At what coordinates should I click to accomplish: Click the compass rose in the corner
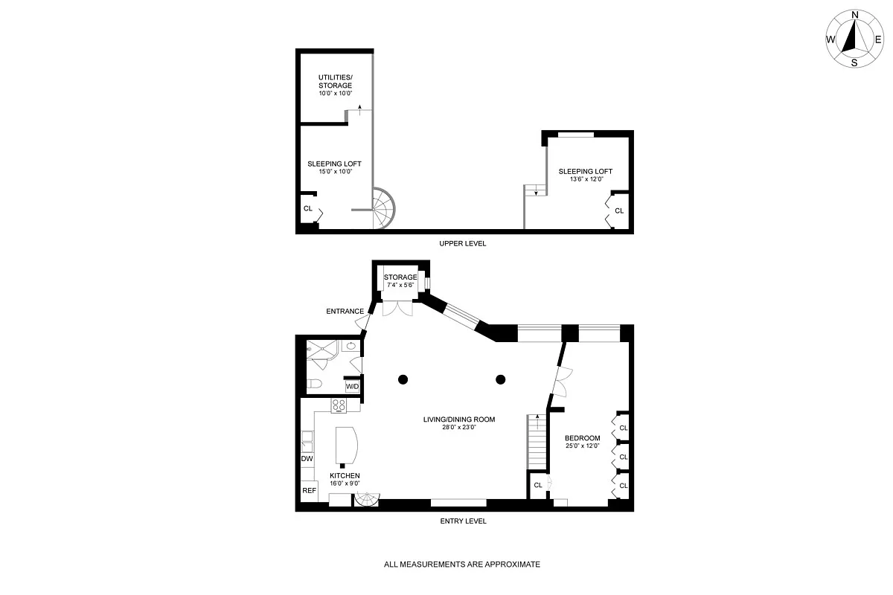(854, 38)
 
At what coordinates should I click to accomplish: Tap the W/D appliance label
(352, 387)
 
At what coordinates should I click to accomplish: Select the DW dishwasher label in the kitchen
(307, 460)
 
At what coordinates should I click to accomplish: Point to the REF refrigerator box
(308, 491)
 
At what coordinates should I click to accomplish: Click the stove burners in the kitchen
(339, 405)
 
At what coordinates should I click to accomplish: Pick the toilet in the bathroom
(314, 385)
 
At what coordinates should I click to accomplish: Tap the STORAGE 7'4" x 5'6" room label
(400, 281)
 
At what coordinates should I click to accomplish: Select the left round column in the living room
(403, 379)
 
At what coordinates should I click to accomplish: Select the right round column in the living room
(501, 379)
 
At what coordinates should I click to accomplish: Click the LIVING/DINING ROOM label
(459, 423)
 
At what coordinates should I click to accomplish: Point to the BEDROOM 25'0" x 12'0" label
(582, 442)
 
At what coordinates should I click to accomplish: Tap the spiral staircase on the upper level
(385, 208)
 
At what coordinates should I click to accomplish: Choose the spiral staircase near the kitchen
(366, 500)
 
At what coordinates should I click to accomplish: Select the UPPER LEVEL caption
(462, 243)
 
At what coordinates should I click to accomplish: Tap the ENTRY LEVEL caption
(463, 521)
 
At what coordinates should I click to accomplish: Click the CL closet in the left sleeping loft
(308, 208)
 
